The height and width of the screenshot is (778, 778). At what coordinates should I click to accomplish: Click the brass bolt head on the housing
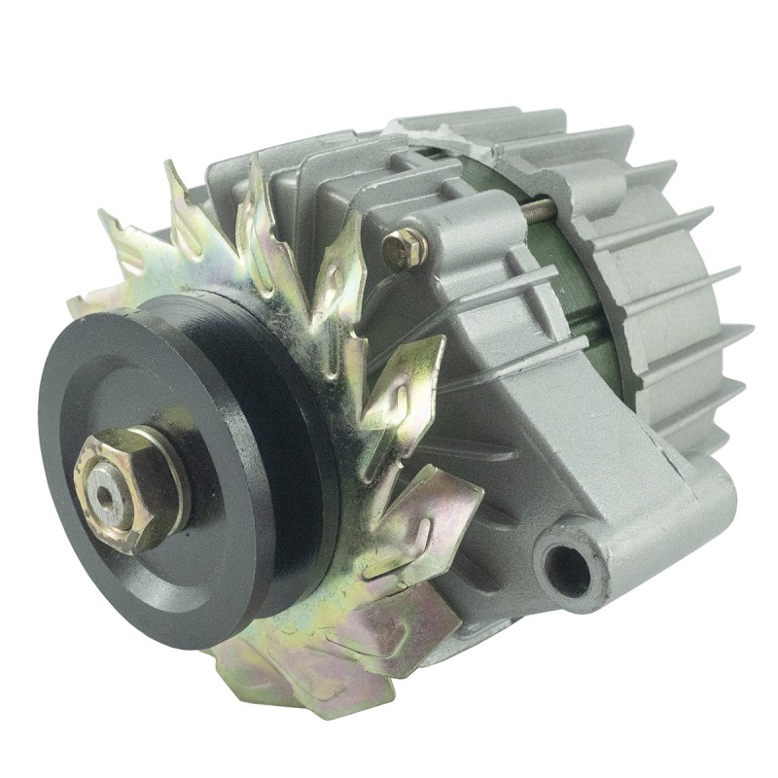[x=404, y=250]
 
